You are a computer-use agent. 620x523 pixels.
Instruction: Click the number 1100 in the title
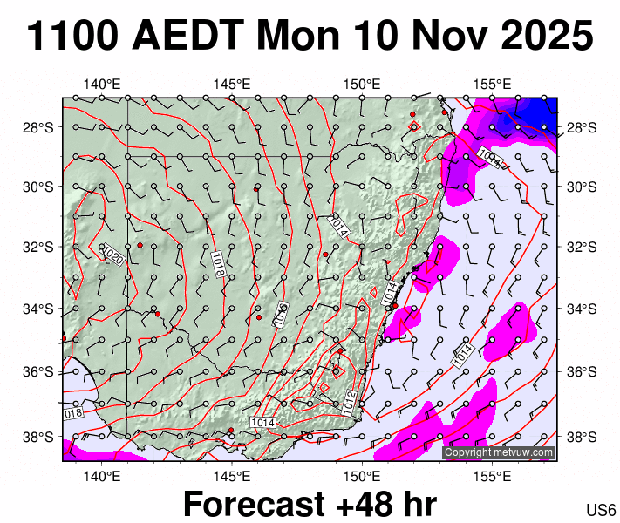[73, 37]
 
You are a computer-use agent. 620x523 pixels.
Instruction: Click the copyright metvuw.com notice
[498, 452]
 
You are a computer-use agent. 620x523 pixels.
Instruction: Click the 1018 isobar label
[218, 263]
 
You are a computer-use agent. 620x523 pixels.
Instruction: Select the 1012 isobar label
[349, 400]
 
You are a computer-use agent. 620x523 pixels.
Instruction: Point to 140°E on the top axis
[102, 84]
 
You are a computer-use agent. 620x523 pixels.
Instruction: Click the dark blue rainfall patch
[541, 110]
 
